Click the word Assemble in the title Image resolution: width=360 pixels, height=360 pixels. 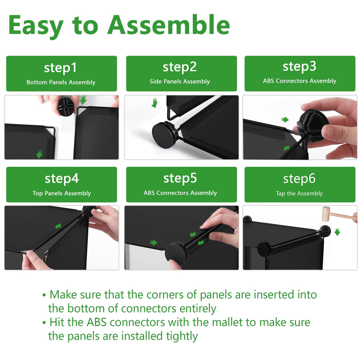(168, 25)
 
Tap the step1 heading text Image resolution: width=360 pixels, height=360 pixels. (60, 68)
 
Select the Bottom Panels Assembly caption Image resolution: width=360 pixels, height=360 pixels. (61, 82)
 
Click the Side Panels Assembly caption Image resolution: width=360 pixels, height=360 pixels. (179, 82)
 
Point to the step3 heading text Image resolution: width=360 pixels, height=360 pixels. (299, 67)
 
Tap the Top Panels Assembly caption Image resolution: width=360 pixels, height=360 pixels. (62, 193)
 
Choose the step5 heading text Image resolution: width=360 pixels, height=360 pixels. (180, 179)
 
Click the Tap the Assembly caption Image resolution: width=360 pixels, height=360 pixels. (299, 193)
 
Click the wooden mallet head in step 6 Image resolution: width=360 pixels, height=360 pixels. (326, 214)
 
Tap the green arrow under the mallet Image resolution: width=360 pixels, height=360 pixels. (337, 232)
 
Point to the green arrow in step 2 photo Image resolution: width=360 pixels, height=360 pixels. (155, 103)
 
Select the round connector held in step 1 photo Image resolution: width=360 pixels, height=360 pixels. (66, 107)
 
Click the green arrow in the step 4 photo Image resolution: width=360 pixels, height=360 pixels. (58, 226)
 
